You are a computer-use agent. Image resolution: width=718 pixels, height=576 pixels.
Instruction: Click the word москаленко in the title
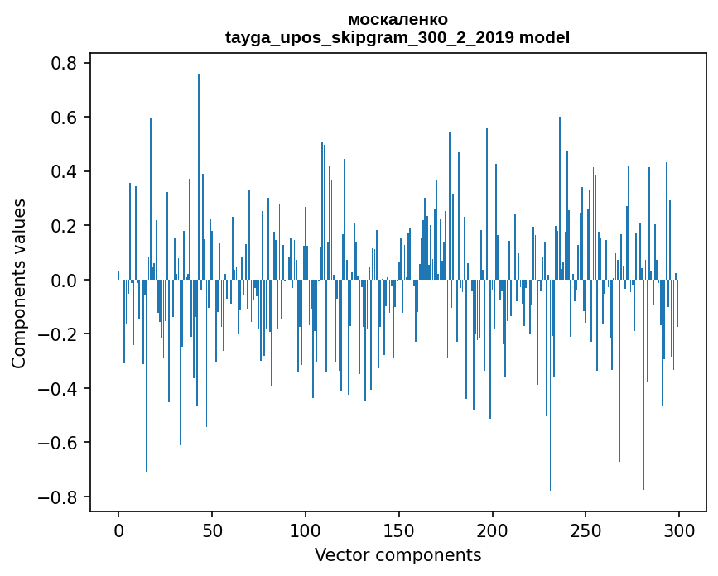tap(398, 19)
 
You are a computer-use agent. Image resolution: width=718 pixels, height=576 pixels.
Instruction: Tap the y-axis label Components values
tap(19, 283)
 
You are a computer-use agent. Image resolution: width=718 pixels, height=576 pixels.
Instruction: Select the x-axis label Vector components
tap(398, 554)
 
